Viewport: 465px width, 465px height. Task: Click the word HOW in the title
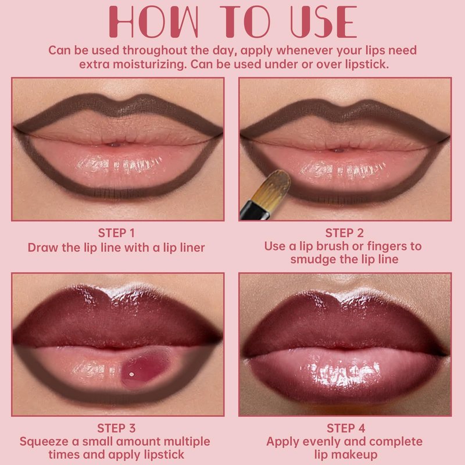(153, 22)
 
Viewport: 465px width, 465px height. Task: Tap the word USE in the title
(324, 22)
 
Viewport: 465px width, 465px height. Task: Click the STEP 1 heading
(116, 233)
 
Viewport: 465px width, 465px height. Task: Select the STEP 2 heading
(344, 233)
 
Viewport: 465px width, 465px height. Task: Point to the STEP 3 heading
(116, 428)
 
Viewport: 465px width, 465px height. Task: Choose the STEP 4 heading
(346, 428)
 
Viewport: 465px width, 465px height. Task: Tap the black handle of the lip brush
(254, 211)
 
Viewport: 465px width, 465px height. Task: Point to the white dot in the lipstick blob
(132, 374)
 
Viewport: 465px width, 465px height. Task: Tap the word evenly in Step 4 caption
(324, 442)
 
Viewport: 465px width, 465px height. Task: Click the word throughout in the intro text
(155, 51)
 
